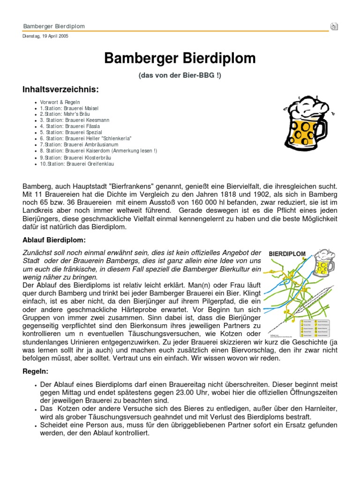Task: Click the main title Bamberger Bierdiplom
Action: (x=180, y=59)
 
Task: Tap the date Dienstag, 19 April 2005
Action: (x=45, y=36)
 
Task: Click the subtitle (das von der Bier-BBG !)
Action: (x=180, y=75)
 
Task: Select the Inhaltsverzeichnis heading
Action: (x=61, y=90)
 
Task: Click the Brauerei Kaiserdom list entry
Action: (x=98, y=151)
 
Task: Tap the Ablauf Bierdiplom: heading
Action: (x=54, y=240)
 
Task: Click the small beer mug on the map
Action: (x=324, y=262)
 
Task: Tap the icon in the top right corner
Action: (x=334, y=26)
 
